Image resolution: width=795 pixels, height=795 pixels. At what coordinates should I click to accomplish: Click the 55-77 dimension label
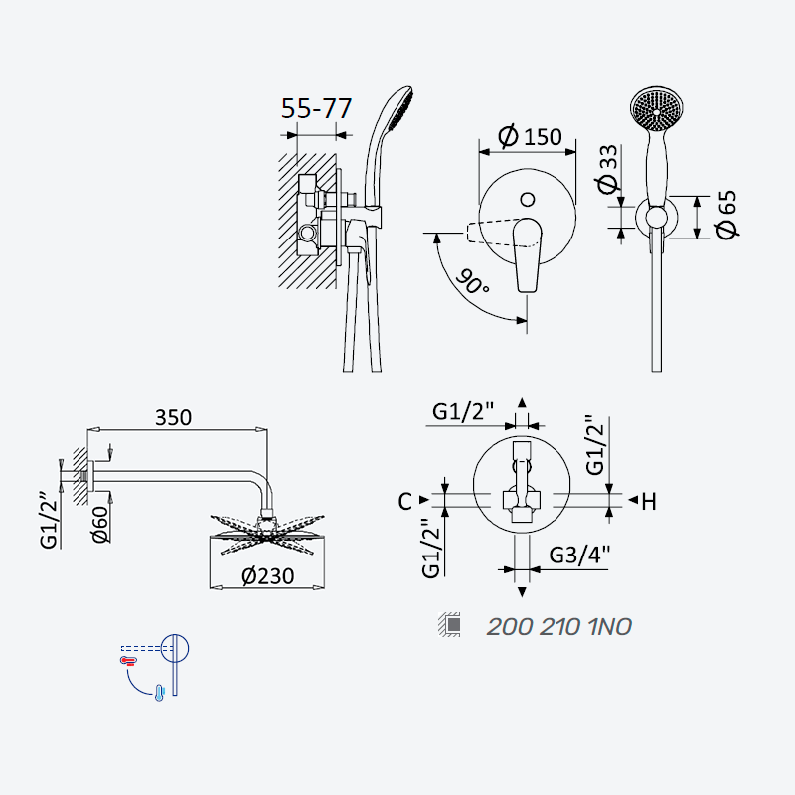pyautogui.click(x=316, y=108)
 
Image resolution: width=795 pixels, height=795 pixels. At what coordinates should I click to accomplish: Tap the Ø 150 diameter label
pyautogui.click(x=530, y=136)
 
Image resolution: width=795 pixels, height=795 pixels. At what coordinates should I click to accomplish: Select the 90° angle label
pyautogui.click(x=472, y=282)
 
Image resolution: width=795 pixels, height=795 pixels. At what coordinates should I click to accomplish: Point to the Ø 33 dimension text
pyautogui.click(x=607, y=169)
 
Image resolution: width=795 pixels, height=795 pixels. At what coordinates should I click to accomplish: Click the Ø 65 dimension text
pyautogui.click(x=726, y=214)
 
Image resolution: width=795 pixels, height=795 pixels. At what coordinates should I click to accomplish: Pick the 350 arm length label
pyautogui.click(x=173, y=417)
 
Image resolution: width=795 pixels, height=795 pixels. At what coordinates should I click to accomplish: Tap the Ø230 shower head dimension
pyautogui.click(x=267, y=576)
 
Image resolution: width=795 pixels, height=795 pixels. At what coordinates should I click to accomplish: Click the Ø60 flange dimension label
pyautogui.click(x=101, y=525)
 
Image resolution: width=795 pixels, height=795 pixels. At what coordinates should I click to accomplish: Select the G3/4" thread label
pyautogui.click(x=579, y=555)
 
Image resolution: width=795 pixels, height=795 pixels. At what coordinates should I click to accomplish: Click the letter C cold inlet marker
pyautogui.click(x=405, y=502)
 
